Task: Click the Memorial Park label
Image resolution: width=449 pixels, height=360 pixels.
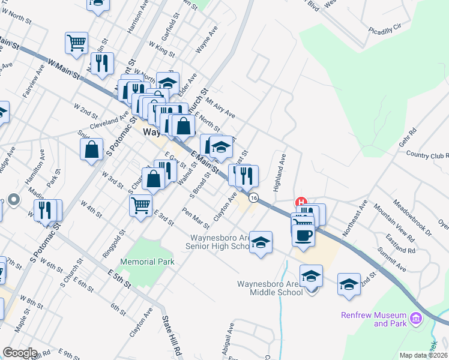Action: (147, 262)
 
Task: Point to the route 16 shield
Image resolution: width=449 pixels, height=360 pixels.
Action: (254, 197)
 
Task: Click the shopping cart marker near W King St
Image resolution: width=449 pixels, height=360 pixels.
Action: (76, 43)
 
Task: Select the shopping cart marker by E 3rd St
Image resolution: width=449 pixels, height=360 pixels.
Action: (140, 205)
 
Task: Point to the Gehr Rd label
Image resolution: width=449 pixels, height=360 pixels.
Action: (408, 137)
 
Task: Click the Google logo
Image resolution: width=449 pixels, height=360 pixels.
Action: (20, 353)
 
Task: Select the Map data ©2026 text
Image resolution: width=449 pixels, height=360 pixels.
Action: (423, 355)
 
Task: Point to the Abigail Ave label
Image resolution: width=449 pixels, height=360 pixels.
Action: (231, 337)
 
